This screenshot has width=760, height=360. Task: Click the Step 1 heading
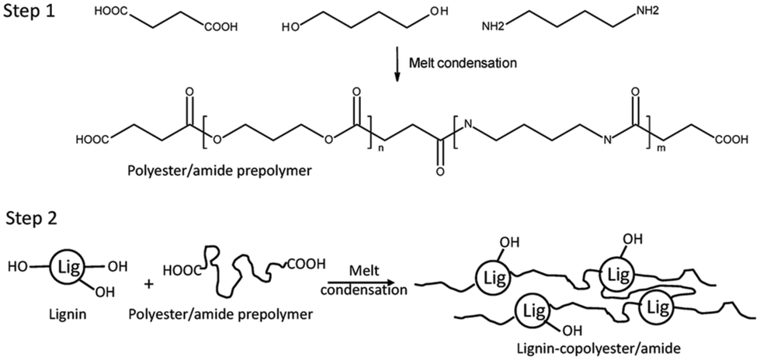(29, 12)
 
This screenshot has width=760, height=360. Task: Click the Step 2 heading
(29, 219)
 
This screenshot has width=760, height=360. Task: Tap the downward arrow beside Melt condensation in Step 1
(397, 64)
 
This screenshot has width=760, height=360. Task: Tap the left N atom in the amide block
(467, 127)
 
